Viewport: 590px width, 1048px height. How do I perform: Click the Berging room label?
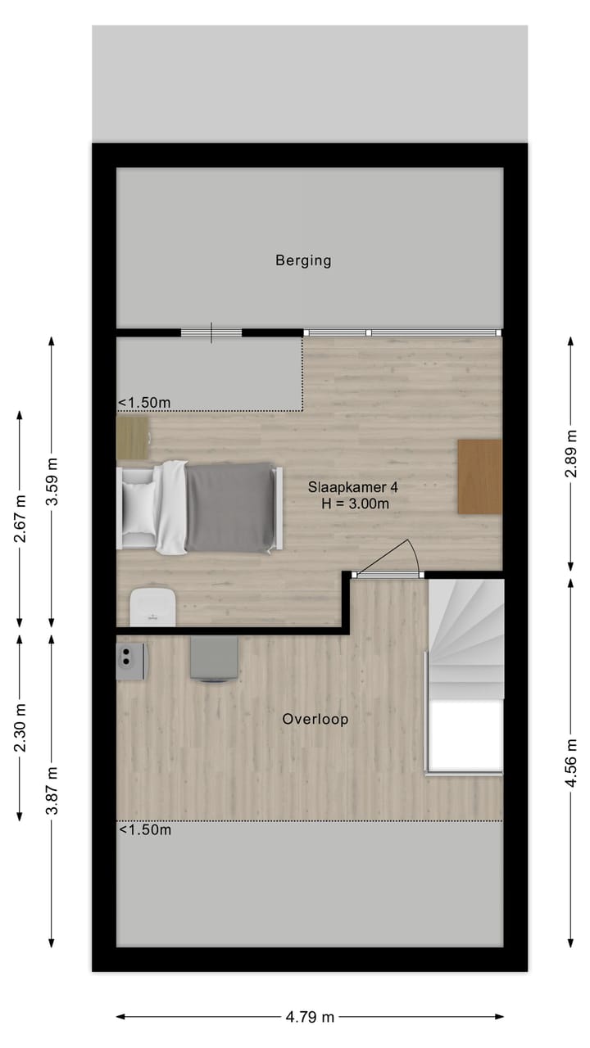point(303,261)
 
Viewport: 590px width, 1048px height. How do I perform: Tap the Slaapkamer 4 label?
point(353,486)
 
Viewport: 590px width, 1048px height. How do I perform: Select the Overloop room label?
point(315,720)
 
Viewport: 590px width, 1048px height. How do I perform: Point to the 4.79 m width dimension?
point(310,1017)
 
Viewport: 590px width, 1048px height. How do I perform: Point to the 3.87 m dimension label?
point(52,791)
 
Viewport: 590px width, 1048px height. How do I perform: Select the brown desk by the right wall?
point(479,477)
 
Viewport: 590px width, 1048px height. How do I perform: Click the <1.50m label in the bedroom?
point(144,403)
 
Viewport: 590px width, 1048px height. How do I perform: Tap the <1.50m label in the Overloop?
point(145,830)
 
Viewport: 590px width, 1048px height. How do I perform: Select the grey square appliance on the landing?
point(215,659)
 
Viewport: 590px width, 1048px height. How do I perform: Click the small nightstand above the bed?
point(133,438)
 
